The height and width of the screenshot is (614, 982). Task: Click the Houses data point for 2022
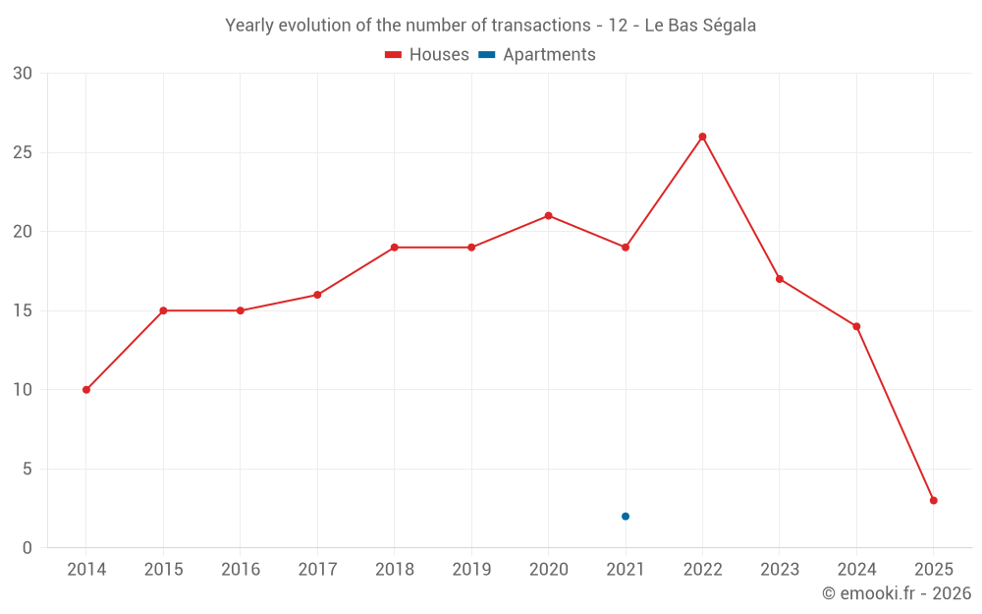(702, 137)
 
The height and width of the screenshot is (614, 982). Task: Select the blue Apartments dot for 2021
(626, 517)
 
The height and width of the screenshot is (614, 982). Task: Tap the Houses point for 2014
(86, 390)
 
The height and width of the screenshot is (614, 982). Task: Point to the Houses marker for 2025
(933, 501)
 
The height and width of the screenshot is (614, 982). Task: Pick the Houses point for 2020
(548, 216)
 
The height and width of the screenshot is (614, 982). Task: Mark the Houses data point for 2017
(317, 295)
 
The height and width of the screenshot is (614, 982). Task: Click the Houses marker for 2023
(780, 279)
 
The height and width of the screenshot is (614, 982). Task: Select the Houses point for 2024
(856, 326)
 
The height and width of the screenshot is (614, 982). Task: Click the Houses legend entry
(427, 55)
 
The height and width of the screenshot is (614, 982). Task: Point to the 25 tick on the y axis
(23, 152)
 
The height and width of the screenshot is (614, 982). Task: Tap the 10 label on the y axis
(23, 390)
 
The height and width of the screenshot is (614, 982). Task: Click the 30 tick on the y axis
(23, 74)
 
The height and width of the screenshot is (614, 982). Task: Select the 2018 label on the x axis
(394, 570)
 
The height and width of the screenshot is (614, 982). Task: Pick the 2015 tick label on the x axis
(163, 570)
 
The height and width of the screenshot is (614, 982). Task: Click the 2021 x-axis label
(626, 570)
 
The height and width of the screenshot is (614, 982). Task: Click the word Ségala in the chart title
(727, 26)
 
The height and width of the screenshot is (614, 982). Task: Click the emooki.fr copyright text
(897, 593)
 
